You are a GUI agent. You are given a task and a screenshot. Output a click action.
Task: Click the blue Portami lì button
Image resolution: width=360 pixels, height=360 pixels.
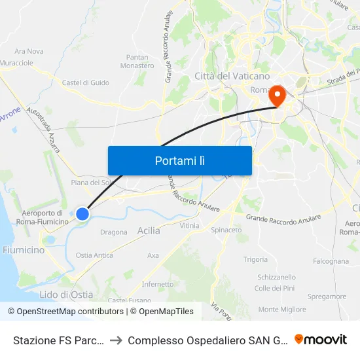tap(179, 160)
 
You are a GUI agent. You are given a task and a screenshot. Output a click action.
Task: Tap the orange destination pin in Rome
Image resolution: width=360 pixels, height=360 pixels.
tap(278, 96)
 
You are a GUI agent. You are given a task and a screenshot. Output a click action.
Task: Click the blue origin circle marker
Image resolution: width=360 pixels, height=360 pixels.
tap(82, 213)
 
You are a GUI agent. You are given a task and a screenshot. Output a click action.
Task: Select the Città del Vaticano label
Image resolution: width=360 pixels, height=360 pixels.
tap(222, 77)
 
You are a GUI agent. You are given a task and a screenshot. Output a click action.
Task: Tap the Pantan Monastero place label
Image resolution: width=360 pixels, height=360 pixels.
tap(137, 62)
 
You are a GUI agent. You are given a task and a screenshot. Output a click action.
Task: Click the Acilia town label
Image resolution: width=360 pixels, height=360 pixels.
tap(149, 230)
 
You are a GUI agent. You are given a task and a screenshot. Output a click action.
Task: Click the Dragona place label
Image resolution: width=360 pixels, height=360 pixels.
tap(114, 232)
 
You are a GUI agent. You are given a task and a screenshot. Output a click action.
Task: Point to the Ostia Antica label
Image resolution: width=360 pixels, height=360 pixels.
tap(94, 255)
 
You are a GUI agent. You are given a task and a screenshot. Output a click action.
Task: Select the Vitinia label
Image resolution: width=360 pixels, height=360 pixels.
tap(189, 225)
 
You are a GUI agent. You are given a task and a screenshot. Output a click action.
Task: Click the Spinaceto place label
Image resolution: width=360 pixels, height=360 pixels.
tap(226, 230)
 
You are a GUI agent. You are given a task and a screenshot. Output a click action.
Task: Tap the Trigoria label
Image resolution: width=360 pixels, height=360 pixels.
tap(255, 259)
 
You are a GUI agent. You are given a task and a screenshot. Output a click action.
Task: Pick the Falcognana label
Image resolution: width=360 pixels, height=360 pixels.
tap(331, 261)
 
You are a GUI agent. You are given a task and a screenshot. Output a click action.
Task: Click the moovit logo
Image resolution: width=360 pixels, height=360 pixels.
tap(321, 339)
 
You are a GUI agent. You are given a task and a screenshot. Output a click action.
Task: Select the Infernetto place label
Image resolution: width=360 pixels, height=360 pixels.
tap(158, 284)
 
